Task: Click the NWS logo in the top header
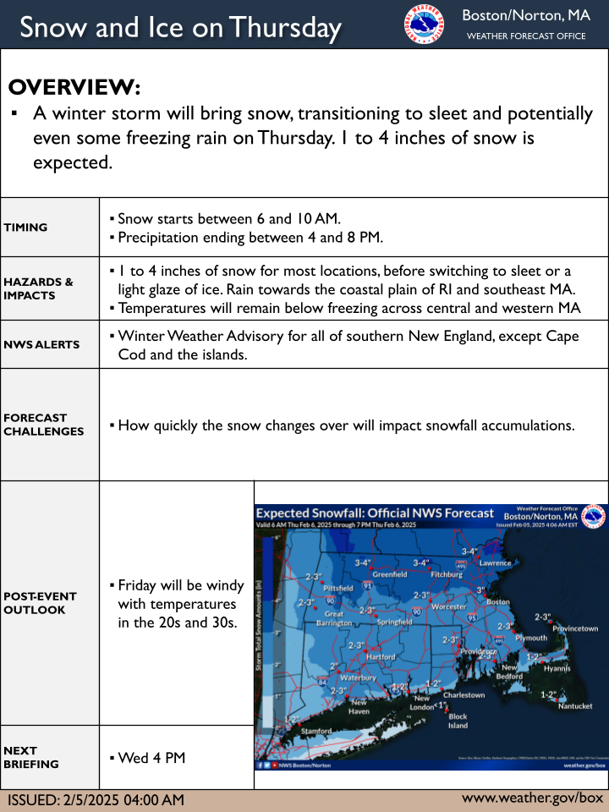coord(424,25)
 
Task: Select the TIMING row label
coord(26,227)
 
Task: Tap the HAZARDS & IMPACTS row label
coord(39,288)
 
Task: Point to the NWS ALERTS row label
coord(41,344)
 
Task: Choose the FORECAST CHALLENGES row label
coord(44,424)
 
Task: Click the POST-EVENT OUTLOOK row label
coord(41,602)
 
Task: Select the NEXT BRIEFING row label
coord(31,757)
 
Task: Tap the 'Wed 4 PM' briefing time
coord(151,758)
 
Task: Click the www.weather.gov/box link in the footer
coord(533,798)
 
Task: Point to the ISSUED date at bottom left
coord(96,800)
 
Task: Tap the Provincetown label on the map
coord(575,628)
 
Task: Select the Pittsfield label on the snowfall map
coord(337,587)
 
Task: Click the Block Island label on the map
coord(458,721)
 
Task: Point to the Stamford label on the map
coord(317,731)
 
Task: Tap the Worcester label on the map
coord(448,607)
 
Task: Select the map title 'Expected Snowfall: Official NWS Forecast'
coord(375,513)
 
